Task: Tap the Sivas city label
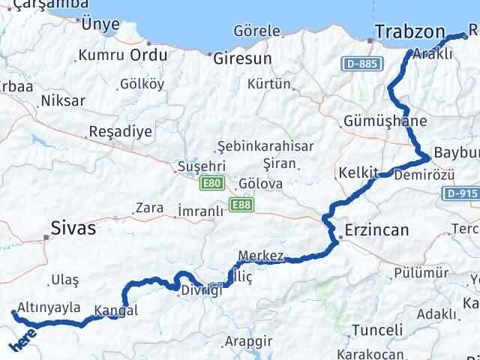pyautogui.click(x=73, y=228)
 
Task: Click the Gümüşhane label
pyautogui.click(x=385, y=121)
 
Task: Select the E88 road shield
pyautogui.click(x=241, y=204)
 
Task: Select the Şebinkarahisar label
pyautogui.click(x=265, y=146)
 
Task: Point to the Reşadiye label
pyautogui.click(x=120, y=131)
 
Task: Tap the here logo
pyautogui.click(x=21, y=341)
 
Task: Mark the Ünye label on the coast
pyautogui.click(x=99, y=24)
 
